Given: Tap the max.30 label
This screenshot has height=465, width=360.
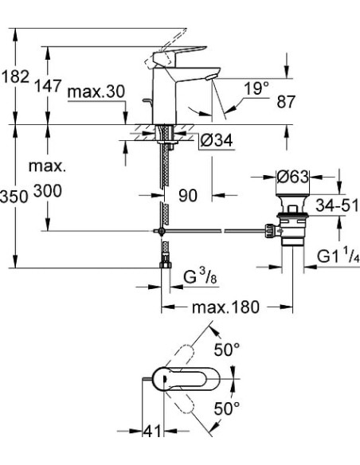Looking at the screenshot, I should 96,92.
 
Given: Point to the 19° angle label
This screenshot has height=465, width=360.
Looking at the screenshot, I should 255,90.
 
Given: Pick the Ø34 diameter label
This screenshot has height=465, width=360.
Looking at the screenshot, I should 213,141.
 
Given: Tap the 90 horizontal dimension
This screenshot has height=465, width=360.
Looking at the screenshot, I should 188,195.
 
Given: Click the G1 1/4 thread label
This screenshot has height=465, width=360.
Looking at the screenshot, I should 339,257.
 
